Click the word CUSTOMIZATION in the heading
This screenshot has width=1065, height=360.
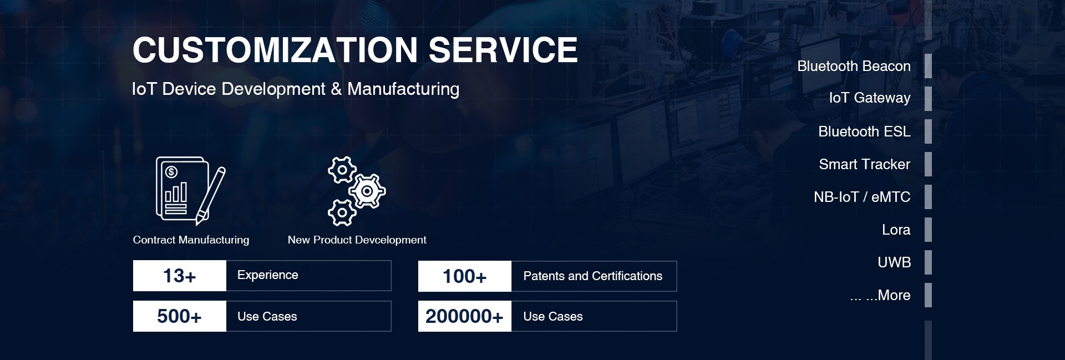(275, 50)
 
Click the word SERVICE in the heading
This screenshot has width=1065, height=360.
(503, 50)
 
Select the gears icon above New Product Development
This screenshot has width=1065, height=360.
(357, 191)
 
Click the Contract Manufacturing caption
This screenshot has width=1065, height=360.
(191, 240)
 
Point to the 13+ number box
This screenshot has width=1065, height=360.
(180, 276)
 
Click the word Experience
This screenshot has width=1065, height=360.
(268, 275)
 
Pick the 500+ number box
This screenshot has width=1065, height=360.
(180, 316)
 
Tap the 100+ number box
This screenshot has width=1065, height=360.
(465, 276)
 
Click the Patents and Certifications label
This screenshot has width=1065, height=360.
(593, 276)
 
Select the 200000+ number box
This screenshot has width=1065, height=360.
(465, 316)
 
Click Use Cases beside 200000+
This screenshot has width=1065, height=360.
(553, 317)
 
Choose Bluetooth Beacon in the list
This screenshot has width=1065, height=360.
(854, 66)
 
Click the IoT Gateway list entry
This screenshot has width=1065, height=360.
(870, 98)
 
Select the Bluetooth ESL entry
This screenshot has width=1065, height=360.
(864, 131)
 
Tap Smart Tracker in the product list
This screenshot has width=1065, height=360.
(865, 164)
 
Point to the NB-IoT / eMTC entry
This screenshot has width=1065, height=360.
(862, 197)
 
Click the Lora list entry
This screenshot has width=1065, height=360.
(896, 230)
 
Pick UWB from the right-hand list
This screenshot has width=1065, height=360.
(894, 262)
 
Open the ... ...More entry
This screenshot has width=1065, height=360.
(880, 295)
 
